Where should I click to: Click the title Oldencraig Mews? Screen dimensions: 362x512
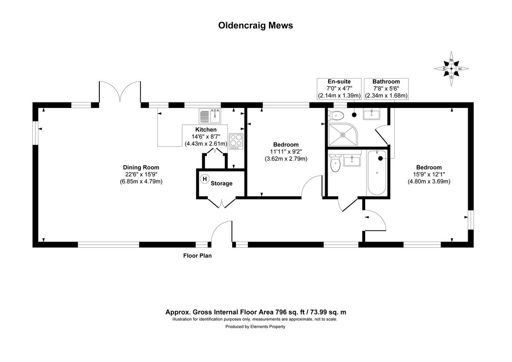(256, 25)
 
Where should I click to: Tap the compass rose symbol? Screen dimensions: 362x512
(451, 68)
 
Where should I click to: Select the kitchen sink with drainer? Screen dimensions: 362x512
(211, 115)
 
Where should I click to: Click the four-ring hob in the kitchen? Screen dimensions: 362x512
(236, 140)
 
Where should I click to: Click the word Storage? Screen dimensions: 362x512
(221, 184)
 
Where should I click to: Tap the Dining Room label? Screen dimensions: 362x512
(141, 167)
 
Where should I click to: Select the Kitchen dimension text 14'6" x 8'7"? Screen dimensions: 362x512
(206, 137)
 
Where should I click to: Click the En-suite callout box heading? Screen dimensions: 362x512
(339, 82)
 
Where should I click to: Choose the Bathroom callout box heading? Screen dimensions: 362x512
(386, 82)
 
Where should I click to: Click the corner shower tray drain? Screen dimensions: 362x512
(342, 134)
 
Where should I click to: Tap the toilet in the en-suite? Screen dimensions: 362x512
(337, 114)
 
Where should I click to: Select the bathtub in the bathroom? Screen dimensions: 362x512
(376, 172)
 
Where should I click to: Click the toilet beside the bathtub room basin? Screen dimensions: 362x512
(335, 163)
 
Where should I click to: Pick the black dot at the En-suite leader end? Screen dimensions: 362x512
(354, 114)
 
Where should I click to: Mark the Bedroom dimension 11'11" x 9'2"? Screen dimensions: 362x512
(286, 152)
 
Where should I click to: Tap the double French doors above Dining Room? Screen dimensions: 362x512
(119, 93)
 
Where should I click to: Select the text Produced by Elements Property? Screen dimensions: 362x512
(255, 327)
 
